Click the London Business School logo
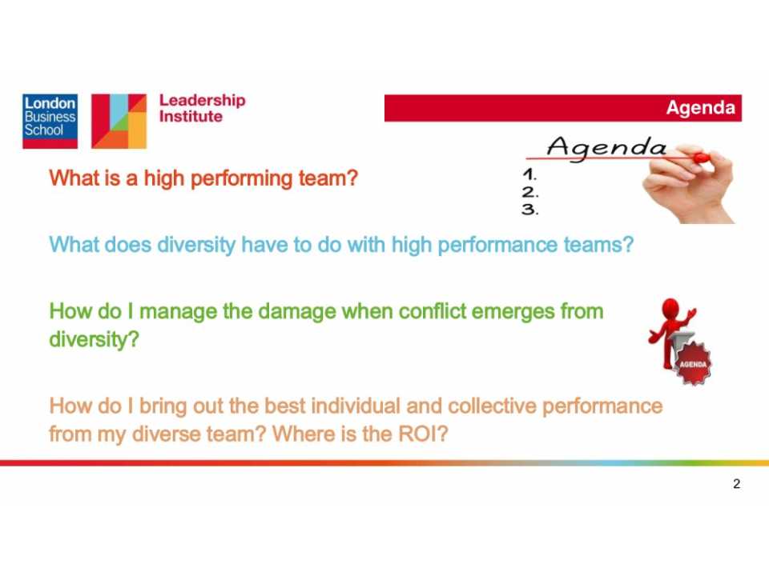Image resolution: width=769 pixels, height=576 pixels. pyautogui.click(x=50, y=121)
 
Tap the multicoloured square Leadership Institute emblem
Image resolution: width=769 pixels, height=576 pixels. pyautogui.click(x=119, y=121)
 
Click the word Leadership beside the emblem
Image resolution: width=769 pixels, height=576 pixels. pyautogui.click(x=202, y=101)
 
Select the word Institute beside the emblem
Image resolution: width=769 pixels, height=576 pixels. pyautogui.click(x=191, y=117)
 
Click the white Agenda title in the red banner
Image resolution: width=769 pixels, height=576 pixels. pyautogui.click(x=700, y=107)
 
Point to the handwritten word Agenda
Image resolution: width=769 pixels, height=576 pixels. pyautogui.click(x=606, y=148)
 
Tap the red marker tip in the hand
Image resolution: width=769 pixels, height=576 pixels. pyautogui.click(x=702, y=158)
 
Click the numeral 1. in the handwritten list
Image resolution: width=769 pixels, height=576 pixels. pyautogui.click(x=529, y=174)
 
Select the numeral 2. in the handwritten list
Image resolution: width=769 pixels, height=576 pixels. pyautogui.click(x=530, y=191)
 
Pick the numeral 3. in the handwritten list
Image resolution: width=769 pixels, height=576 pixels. pyautogui.click(x=530, y=210)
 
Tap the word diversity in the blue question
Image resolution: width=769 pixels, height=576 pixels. pyautogui.click(x=196, y=246)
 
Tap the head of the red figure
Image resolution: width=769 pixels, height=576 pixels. pyautogui.click(x=670, y=310)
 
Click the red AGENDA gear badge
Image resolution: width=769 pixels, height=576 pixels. pyautogui.click(x=693, y=364)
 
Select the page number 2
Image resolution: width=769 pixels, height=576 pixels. pyautogui.click(x=736, y=484)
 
